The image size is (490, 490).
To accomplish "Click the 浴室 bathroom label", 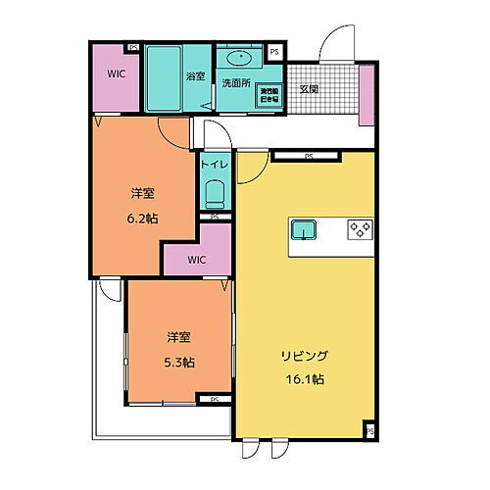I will tap(195, 75).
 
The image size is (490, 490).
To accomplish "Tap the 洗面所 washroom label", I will tap(235, 82).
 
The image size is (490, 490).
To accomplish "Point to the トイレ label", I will tap(215, 165).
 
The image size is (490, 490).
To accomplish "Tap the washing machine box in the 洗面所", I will tap(269, 93).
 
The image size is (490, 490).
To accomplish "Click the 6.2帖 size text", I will tap(143, 219).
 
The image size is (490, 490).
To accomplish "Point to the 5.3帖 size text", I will tap(177, 362).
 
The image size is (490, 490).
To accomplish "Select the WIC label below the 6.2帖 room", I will tap(196, 260).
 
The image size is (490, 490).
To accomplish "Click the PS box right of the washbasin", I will tap(274, 52).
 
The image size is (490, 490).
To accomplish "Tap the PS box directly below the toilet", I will tap(215, 217).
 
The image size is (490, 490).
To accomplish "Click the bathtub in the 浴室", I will tap(164, 78).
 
